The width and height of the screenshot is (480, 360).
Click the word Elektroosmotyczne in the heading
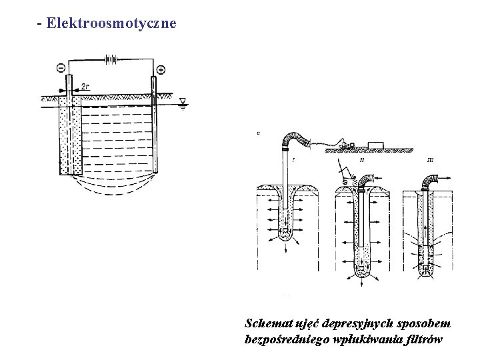point(111,23)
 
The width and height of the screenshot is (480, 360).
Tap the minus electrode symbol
point(61,68)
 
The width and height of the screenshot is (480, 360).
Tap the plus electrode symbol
point(161,69)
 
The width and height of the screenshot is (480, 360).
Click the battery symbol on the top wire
point(111,59)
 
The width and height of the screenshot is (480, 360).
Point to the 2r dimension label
point(85,86)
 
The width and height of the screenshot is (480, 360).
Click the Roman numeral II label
point(361,160)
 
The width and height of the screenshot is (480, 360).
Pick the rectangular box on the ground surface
point(375,144)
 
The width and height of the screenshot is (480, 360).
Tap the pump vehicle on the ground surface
point(347,143)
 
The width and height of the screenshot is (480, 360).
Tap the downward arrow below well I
point(287,248)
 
